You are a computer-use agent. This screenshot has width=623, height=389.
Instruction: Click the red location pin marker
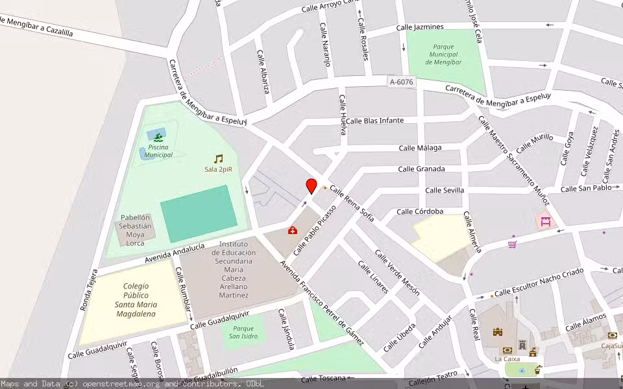tap(311, 186)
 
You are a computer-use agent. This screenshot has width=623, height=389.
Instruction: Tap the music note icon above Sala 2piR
tap(218, 158)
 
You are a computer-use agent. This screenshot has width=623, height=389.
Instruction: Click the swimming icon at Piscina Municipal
tap(156, 135)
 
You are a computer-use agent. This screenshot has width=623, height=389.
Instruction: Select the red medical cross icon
tap(292, 230)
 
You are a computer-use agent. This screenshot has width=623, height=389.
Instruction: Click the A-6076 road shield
tap(401, 82)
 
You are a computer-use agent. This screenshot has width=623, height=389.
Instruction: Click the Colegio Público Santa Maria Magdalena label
tap(136, 300)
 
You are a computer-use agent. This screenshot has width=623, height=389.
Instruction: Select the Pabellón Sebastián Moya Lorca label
tap(135, 230)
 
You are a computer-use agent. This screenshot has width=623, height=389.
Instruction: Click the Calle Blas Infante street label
tap(374, 121)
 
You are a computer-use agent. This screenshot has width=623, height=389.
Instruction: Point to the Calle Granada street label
tap(421, 169)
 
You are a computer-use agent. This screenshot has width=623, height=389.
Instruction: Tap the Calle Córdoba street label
tap(420, 211)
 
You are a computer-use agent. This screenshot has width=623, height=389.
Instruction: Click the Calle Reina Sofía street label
tap(352, 202)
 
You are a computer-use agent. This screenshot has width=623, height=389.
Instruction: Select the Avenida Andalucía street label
tap(175, 253)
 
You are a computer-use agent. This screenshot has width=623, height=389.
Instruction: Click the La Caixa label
tap(507, 359)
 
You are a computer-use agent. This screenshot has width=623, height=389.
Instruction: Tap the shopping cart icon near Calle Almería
tap(512, 244)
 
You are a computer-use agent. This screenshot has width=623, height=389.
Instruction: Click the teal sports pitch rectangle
tap(198, 213)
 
